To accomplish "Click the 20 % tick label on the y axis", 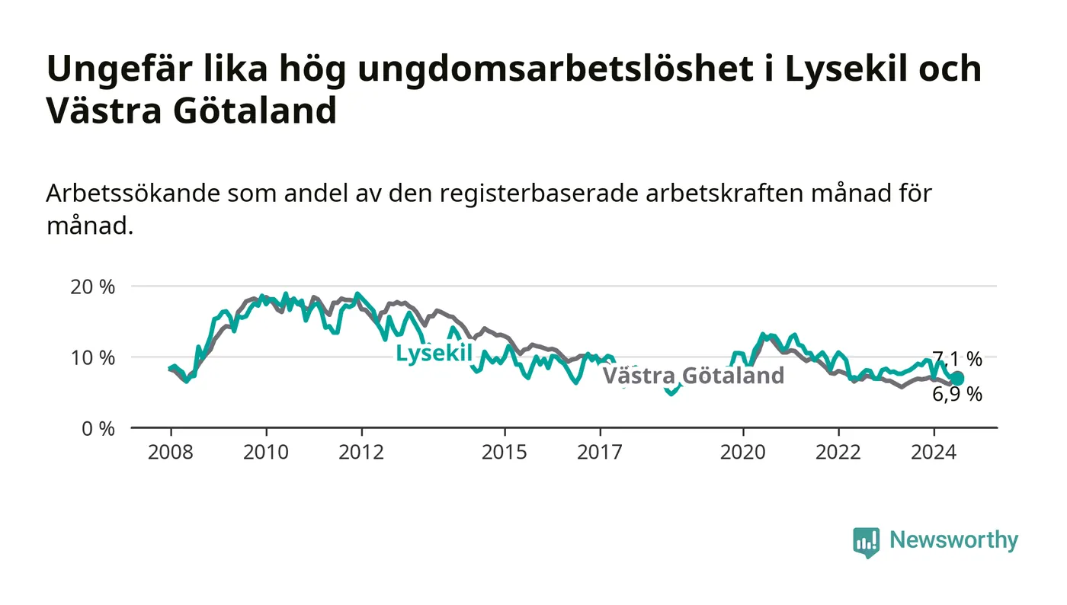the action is click(92, 286).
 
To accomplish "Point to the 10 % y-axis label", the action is click(92, 358).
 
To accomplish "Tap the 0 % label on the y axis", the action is click(98, 429).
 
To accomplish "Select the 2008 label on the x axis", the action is click(171, 452).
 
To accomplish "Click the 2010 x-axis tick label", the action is click(266, 452).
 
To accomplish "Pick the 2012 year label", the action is click(361, 452).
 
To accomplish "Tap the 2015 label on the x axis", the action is click(505, 452).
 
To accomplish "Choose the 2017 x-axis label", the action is click(600, 452).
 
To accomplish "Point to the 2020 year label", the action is click(742, 452).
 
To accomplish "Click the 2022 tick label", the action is click(838, 452).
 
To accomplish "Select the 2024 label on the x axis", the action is click(934, 452).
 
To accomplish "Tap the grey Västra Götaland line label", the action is click(693, 376).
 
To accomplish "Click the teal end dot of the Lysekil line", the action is click(956, 378).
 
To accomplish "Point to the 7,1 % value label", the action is click(957, 359).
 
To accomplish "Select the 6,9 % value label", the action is click(957, 395).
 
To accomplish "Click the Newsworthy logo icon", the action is click(866, 543).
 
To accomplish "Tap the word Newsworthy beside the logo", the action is click(953, 540).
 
